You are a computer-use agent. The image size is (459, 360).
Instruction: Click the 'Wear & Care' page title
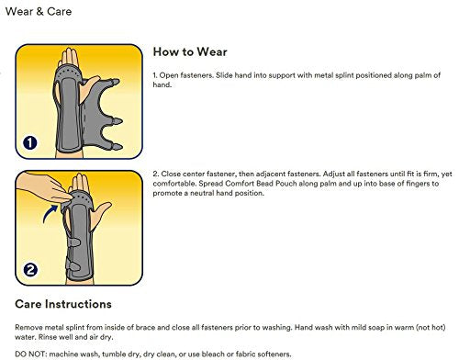[39, 12]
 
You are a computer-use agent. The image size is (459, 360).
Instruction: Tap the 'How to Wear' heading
[190, 51]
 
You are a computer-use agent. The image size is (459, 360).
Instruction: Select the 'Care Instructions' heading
[63, 304]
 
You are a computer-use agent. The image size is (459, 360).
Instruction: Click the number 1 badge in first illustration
[30, 142]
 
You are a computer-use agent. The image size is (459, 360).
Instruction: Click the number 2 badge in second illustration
[30, 270]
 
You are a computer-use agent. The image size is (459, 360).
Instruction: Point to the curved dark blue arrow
[50, 213]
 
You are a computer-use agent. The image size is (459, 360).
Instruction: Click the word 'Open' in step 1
[169, 75]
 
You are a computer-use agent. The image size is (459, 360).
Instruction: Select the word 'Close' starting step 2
[171, 174]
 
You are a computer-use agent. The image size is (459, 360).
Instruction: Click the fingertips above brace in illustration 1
[70, 58]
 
